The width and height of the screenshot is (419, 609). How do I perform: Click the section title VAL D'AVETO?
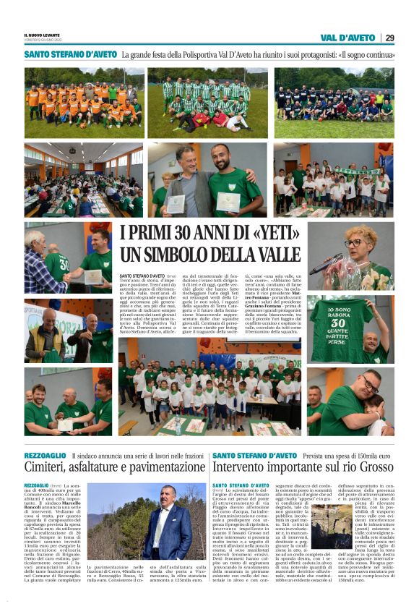pyautogui.click(x=347, y=38)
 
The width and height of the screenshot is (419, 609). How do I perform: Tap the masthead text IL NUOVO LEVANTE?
pyautogui.click(x=41, y=35)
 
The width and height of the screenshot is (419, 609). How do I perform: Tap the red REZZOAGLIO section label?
pyautogui.click(x=46, y=455)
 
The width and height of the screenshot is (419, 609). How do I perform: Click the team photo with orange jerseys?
pyautogui.click(x=83, y=103)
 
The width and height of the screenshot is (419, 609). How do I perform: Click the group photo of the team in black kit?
pyautogui.click(x=334, y=103)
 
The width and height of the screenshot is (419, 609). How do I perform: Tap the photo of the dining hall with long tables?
pyautogui.click(x=83, y=179)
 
